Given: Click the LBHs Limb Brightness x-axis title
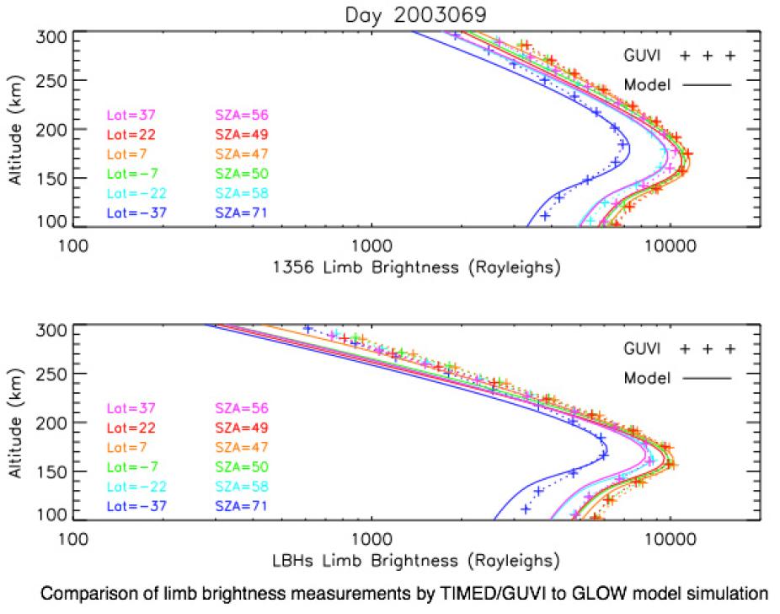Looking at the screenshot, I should coord(416,561).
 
